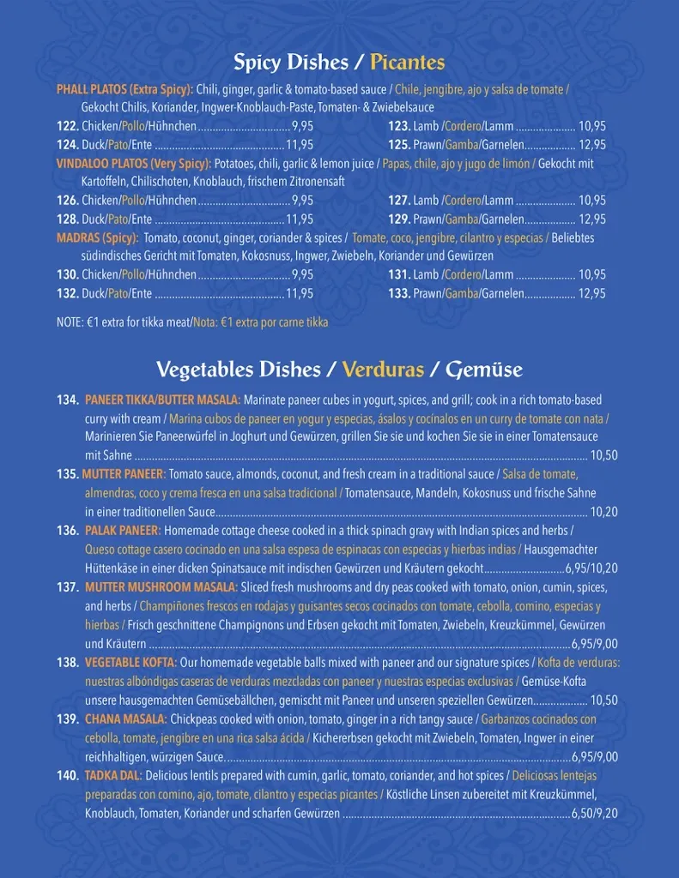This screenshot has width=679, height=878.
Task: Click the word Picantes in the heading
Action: click(x=407, y=63)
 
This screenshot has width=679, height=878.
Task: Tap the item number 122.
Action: click(x=68, y=126)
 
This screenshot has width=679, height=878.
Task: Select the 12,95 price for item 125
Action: click(x=591, y=145)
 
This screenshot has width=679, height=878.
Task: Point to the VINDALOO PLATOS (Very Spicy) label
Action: click(x=133, y=164)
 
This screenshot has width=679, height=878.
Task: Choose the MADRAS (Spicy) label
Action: click(x=96, y=238)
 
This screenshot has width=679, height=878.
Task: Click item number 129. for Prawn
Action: click(x=399, y=219)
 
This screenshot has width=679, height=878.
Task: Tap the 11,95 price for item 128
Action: click(x=300, y=219)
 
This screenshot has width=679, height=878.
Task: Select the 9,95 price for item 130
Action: click(x=302, y=275)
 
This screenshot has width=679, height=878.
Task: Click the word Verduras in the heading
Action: click(x=383, y=370)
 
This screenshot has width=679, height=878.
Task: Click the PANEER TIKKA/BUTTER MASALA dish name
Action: click(x=163, y=400)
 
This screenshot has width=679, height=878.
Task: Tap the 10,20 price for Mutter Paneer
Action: click(x=603, y=512)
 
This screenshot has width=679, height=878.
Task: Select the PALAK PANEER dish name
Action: click(x=121, y=531)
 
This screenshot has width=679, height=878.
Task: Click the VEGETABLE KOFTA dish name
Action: click(x=130, y=663)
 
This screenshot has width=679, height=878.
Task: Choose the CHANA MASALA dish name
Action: click(x=125, y=719)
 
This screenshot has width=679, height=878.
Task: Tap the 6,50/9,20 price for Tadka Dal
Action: click(x=594, y=814)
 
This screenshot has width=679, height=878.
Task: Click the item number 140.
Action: click(x=68, y=776)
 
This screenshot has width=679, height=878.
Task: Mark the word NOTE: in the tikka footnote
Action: click(x=70, y=322)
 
